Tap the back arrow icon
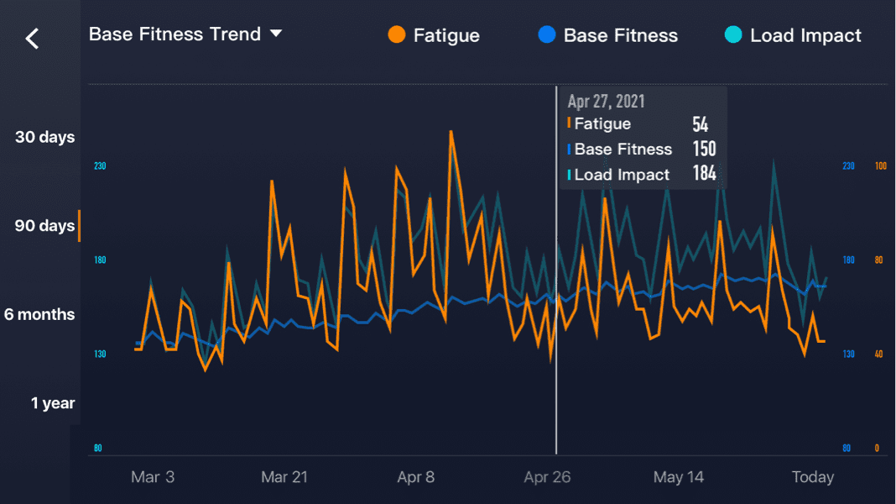(x=33, y=38)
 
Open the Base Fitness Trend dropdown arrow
(x=276, y=34)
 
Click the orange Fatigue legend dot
(x=398, y=35)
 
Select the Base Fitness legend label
(x=620, y=35)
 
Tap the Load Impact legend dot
(x=733, y=35)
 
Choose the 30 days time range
(x=44, y=137)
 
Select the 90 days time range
(x=44, y=226)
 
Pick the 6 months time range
(x=39, y=314)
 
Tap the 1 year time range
(x=53, y=403)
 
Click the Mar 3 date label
(x=153, y=477)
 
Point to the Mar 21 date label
(x=284, y=477)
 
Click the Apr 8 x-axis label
(x=416, y=477)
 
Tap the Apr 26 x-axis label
(x=547, y=477)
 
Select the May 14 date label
(x=679, y=477)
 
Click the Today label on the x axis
(x=813, y=477)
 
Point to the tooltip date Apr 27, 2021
(x=606, y=102)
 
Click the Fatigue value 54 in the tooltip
(x=700, y=125)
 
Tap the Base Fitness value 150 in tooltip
(x=704, y=150)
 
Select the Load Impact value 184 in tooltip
(x=704, y=175)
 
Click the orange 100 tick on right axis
(x=881, y=166)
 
